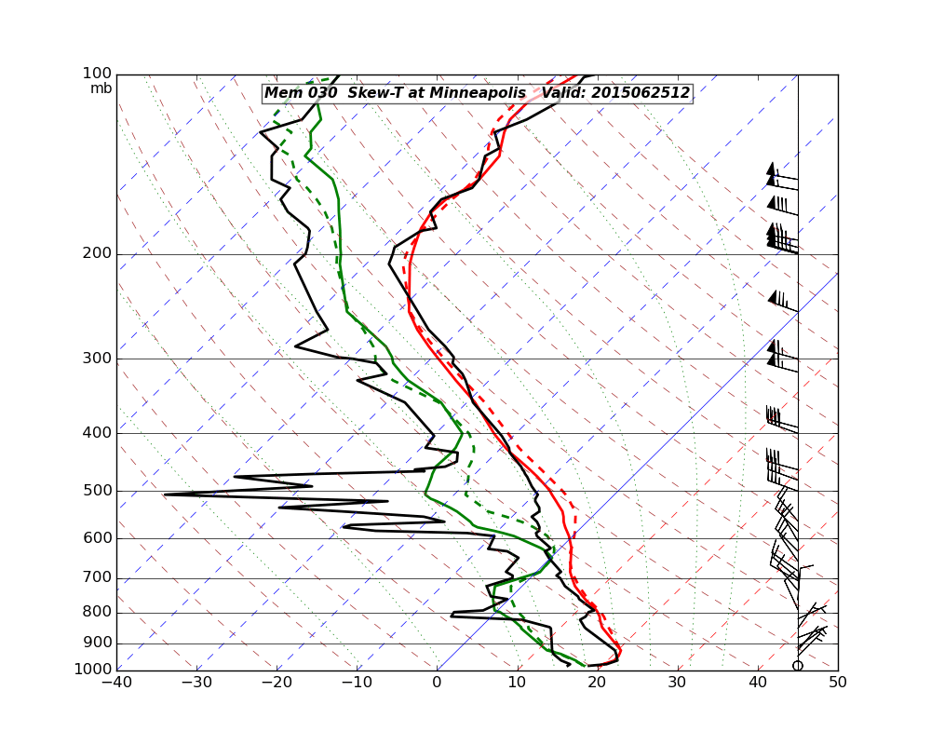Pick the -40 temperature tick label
(x=116, y=682)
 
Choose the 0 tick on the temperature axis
(x=438, y=682)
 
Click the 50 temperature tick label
(x=838, y=682)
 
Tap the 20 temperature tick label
(x=598, y=682)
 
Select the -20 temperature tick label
(x=277, y=682)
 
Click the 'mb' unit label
(x=101, y=88)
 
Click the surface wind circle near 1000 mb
(x=798, y=665)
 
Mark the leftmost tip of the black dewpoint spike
(x=165, y=494)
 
